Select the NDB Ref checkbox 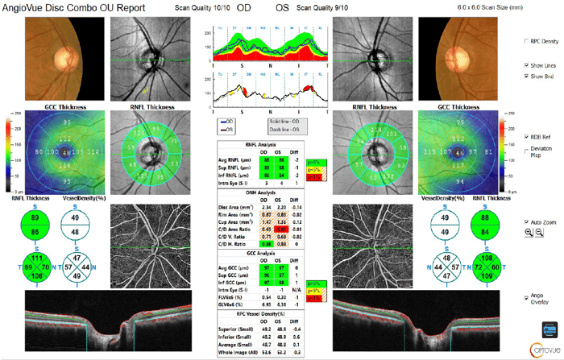525,138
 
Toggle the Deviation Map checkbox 525,150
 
